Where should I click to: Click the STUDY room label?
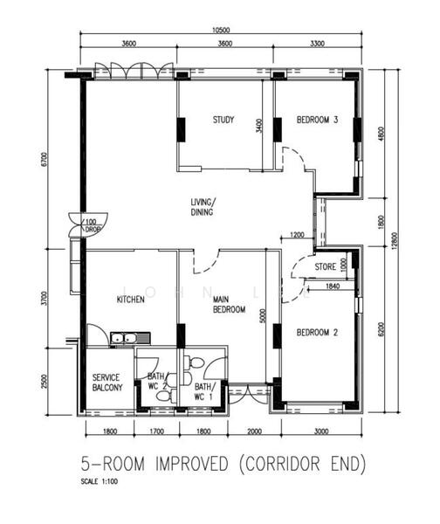pos(223,121)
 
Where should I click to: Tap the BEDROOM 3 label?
pos(317,121)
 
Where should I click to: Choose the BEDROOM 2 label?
pos(317,333)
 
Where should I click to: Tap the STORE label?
pos(326,267)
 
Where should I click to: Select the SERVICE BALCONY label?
pos(107,382)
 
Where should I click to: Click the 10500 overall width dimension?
pos(222,30)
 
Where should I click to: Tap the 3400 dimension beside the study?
pos(258,126)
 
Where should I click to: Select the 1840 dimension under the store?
pos(332,286)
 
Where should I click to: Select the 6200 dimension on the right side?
pos(380,327)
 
